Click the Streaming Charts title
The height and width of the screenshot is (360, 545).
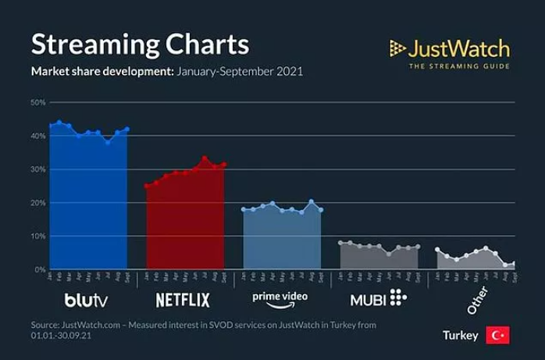click(x=140, y=44)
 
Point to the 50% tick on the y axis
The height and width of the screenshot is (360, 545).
click(x=38, y=102)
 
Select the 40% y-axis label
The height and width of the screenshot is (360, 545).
click(x=38, y=136)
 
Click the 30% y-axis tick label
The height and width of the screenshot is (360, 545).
click(x=38, y=169)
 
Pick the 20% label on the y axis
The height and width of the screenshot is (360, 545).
click(x=38, y=203)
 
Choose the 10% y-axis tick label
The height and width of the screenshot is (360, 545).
click(x=38, y=236)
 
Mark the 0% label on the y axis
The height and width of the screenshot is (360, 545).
click(x=40, y=269)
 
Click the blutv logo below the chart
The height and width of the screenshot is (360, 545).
click(x=87, y=298)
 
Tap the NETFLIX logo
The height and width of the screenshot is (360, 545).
click(x=183, y=299)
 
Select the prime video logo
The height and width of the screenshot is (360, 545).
click(x=280, y=298)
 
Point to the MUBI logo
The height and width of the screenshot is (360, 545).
click(x=379, y=298)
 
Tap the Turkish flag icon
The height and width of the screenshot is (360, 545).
click(x=497, y=335)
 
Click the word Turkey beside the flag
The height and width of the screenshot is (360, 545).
click(x=460, y=336)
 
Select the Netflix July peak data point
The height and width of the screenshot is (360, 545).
click(x=205, y=159)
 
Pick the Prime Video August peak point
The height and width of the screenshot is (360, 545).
click(x=311, y=202)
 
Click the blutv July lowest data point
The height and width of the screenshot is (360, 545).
click(x=108, y=142)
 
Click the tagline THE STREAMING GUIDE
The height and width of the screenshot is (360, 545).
click(x=459, y=66)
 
